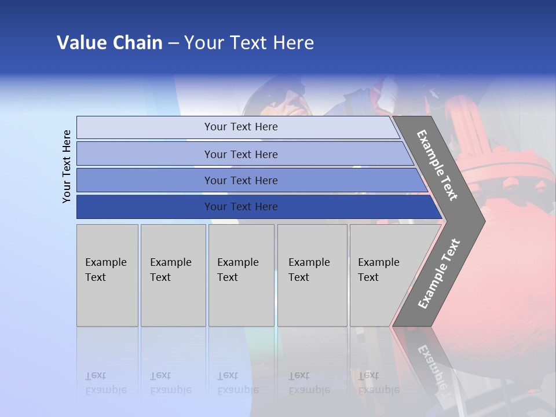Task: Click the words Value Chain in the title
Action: (109, 42)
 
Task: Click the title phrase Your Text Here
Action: (249, 42)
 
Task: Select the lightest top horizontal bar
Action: (240, 127)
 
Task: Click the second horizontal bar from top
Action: (240, 154)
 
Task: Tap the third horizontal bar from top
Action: (240, 180)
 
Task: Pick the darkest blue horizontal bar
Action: (240, 207)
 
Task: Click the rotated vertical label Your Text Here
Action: (67, 166)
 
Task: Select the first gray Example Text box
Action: (107, 275)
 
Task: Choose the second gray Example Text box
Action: (173, 275)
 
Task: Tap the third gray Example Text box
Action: (241, 275)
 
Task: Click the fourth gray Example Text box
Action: (312, 275)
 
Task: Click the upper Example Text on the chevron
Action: (437, 165)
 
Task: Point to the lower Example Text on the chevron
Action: (438, 273)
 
